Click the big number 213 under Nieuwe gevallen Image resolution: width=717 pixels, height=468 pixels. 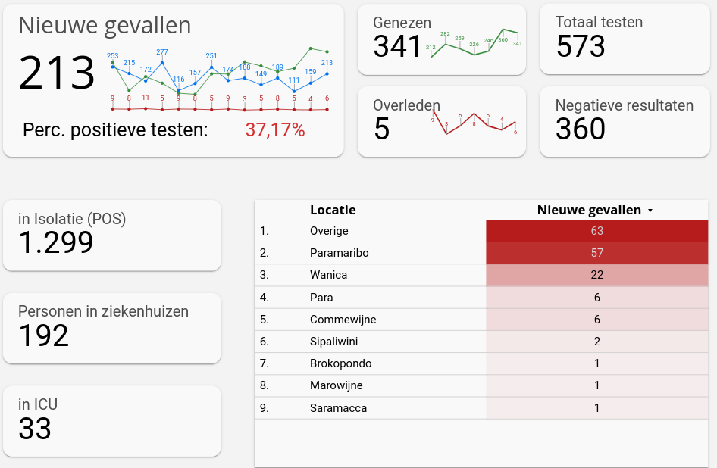pos(57,73)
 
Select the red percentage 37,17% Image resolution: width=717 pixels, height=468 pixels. pos(274,130)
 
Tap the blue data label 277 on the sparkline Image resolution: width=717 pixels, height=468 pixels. pos(162,52)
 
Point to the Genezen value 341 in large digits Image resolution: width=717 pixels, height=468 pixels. pos(397,46)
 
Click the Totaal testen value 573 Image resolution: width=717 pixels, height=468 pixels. pos(581,46)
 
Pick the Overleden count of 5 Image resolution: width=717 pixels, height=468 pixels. pos(382,129)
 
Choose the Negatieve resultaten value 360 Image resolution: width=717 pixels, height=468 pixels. pos(581,129)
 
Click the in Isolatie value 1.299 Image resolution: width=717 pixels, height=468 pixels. pos(56,242)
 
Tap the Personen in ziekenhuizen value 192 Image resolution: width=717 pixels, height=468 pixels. pos(44,335)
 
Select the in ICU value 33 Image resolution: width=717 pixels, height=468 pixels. pos(35,429)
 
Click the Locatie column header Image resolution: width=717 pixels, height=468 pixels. pos(333,210)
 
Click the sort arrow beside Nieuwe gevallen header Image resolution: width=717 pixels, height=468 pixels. pos(650,211)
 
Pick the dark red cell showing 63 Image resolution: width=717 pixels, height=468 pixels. pos(597,231)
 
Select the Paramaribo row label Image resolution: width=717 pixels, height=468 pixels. pos(340,253)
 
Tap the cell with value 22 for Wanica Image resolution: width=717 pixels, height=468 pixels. pos(597,275)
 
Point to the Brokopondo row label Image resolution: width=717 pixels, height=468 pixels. pos(340,363)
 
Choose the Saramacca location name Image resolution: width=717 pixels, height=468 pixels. pos(338,408)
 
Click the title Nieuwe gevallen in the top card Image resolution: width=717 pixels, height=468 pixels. pos(105,26)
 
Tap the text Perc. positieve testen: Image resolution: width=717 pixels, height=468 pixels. pos(115,130)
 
